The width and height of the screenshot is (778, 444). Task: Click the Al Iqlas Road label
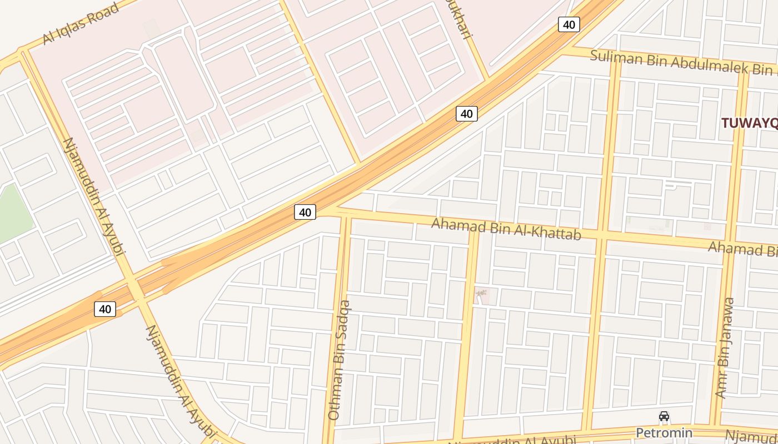[81, 24]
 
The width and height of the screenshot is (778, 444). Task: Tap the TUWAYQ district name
[749, 123]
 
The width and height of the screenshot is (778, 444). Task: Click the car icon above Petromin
[664, 416]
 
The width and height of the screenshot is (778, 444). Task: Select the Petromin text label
[664, 432]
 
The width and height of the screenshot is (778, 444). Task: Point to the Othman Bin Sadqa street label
[340, 360]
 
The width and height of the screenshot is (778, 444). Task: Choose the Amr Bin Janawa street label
[725, 348]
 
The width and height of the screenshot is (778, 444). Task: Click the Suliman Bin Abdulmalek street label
[681, 62]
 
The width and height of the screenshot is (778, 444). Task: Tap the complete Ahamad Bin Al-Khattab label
[506, 228]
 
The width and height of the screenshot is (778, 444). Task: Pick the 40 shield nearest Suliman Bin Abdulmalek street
[568, 24]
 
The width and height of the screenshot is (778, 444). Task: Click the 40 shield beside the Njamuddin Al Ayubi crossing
[105, 309]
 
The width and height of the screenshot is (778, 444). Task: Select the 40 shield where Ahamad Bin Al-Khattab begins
[305, 212]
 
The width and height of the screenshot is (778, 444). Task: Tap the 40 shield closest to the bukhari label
[467, 114]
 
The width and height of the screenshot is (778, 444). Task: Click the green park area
[14, 214]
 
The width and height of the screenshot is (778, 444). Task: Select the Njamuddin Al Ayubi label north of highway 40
[92, 195]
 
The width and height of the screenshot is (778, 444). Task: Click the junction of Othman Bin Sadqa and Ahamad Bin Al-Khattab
[345, 214]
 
